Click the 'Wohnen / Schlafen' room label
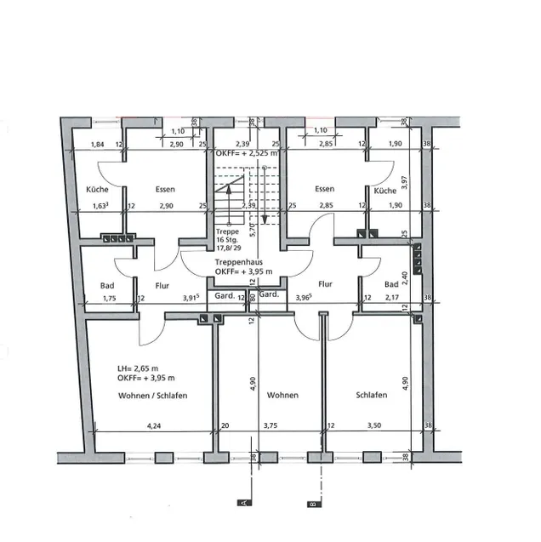coord(152,397)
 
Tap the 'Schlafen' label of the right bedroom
coord(373,396)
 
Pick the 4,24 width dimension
coord(154,425)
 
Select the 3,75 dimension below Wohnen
coord(270,425)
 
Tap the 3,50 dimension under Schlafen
coord(374,425)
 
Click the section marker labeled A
coord(244,504)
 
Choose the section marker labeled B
coord(313,504)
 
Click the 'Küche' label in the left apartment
coord(97,189)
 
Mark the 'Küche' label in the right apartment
coord(384,189)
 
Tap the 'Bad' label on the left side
coord(106,285)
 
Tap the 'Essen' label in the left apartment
coord(165,189)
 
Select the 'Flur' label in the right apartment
coord(324,285)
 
